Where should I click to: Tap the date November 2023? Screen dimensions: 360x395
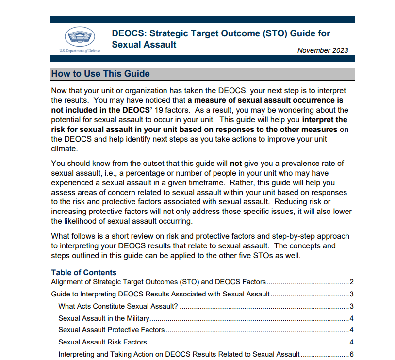(x=322, y=50)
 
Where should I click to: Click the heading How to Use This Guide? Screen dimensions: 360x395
(x=100, y=74)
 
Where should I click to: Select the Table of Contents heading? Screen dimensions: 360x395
(x=84, y=272)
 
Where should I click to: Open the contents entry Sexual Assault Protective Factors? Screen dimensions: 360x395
(x=111, y=330)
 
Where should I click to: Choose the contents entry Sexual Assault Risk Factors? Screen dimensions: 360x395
(x=102, y=342)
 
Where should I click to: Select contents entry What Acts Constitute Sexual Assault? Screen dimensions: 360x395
(x=118, y=306)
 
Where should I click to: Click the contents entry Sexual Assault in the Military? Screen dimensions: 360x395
(x=103, y=318)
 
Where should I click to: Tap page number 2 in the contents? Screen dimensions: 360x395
(x=351, y=282)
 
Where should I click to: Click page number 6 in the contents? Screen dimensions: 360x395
(x=351, y=354)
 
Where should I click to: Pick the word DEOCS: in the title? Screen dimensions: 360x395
(x=129, y=34)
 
